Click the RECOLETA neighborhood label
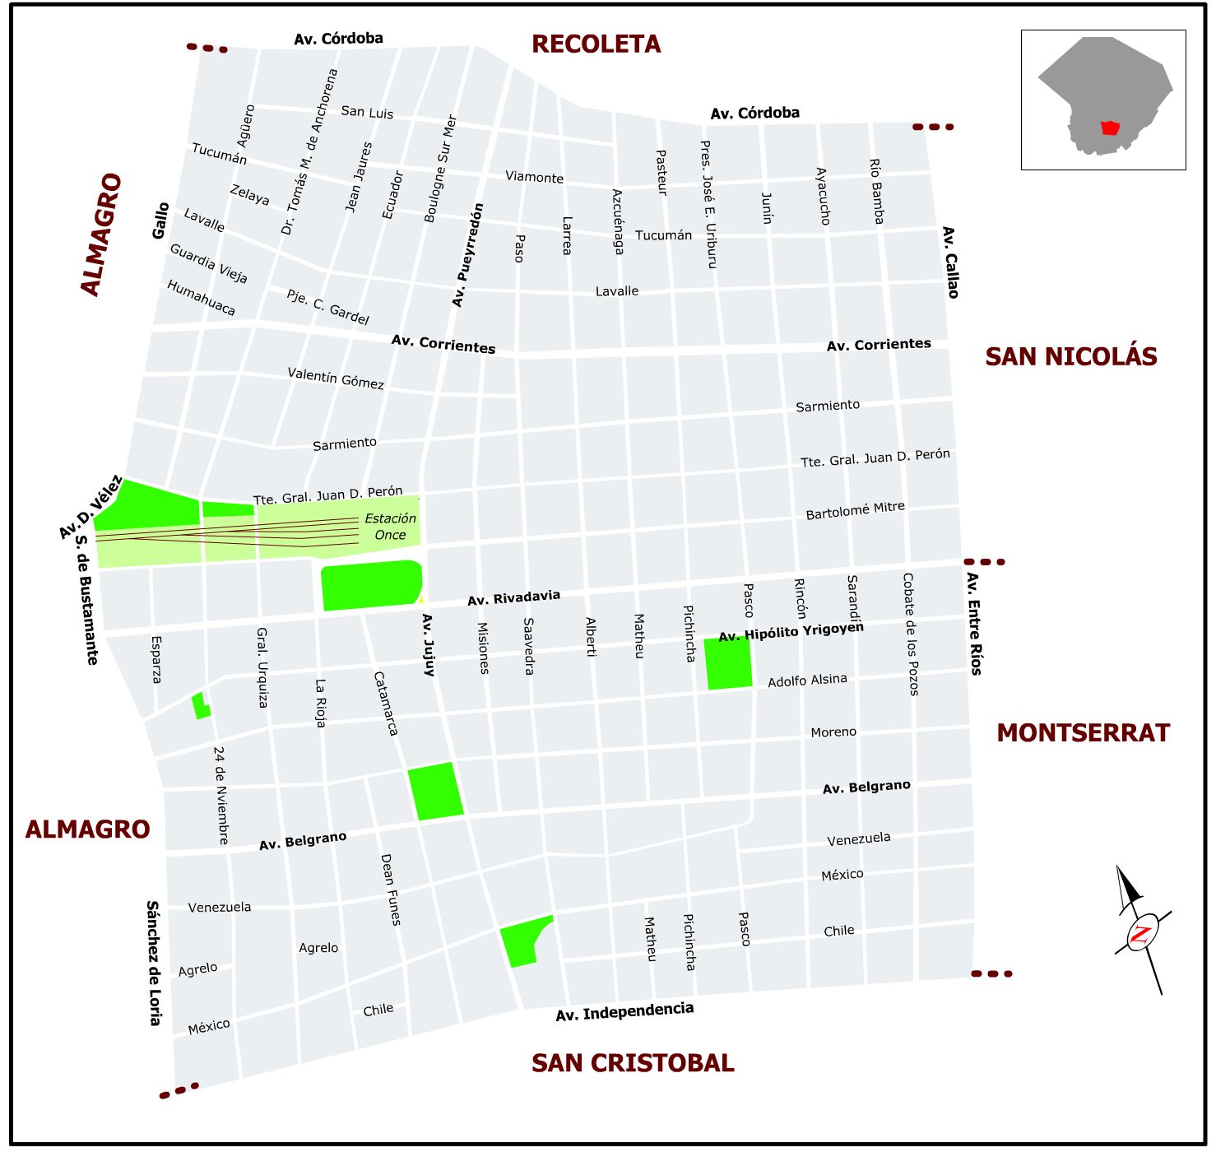pyautogui.click(x=596, y=44)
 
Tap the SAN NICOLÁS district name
pyautogui.click(x=1070, y=357)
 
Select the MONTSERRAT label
pyautogui.click(x=1083, y=733)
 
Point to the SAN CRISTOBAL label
pyautogui.click(x=633, y=1063)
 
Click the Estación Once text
pyautogui.click(x=390, y=527)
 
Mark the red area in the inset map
pyautogui.click(x=1110, y=128)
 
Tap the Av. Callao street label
pyautogui.click(x=950, y=262)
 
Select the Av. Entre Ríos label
pyautogui.click(x=973, y=624)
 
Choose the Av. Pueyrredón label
pyautogui.click(x=467, y=255)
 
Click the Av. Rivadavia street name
pyautogui.click(x=513, y=598)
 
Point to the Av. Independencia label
pyautogui.click(x=624, y=1011)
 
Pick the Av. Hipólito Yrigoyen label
pyautogui.click(x=791, y=632)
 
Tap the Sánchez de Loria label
pyautogui.click(x=154, y=963)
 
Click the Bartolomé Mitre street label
pyautogui.click(x=855, y=511)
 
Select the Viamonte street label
pyautogui.click(x=534, y=177)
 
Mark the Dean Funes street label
pyautogui.click(x=390, y=890)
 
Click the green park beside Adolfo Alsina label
pyautogui.click(x=728, y=662)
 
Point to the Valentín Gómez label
pyautogui.click(x=336, y=379)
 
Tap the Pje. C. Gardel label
pyautogui.click(x=327, y=307)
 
